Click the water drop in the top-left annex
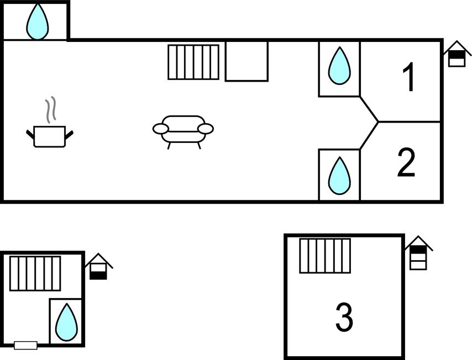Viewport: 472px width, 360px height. tap(38, 22)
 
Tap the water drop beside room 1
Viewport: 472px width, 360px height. tap(339, 66)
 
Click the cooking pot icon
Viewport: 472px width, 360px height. tap(50, 136)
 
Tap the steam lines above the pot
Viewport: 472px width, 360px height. tap(51, 110)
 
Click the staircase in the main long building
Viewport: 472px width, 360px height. tap(193, 62)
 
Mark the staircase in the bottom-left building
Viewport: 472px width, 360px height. tap(35, 273)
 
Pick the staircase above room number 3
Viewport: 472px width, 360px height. tap(325, 256)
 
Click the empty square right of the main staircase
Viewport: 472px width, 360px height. tap(247, 61)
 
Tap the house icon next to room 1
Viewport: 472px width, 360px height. tap(457, 54)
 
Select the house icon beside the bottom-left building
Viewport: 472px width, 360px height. tap(98, 267)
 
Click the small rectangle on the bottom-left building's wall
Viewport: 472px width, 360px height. tap(25, 346)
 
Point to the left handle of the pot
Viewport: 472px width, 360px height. tap(30, 134)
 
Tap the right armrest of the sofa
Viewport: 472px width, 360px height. tap(206, 129)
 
